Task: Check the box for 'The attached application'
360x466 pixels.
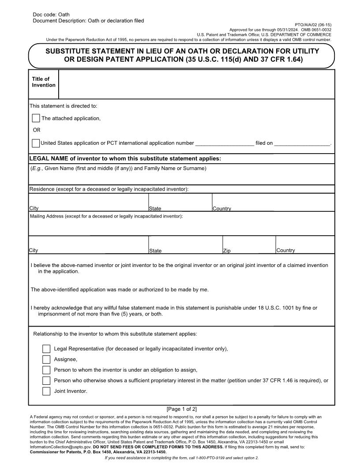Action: click(36, 118)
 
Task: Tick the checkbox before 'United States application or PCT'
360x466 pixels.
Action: click(36, 143)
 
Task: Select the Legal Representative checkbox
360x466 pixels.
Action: click(46, 349)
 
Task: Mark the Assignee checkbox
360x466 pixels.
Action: click(46, 360)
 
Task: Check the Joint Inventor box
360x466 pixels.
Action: click(46, 391)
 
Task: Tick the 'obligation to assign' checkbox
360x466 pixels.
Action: click(46, 370)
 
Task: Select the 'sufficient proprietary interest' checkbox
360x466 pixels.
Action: click(46, 380)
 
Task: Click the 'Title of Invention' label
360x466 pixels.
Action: click(43, 82)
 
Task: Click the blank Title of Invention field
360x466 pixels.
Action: click(196, 84)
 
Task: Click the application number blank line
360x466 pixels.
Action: click(224, 143)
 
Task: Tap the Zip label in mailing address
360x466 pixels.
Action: click(227, 251)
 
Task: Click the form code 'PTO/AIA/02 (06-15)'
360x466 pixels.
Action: click(313, 25)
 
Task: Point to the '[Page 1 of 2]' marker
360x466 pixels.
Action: click(182, 409)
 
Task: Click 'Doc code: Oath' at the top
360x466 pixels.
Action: click(51, 15)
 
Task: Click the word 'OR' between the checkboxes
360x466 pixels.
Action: click(37, 130)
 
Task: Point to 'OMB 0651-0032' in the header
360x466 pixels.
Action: click(316, 30)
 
